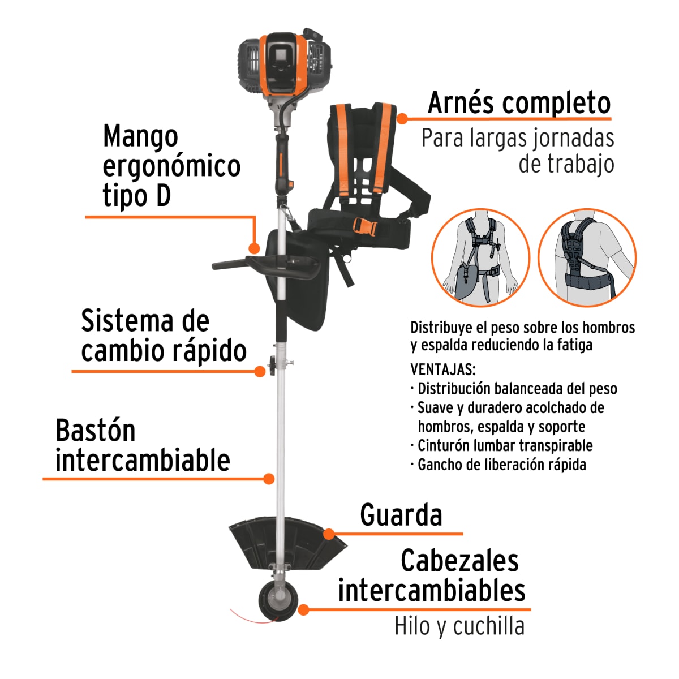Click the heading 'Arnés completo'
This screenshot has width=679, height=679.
pyautogui.click(x=519, y=103)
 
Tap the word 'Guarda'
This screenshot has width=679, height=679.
pyautogui.click(x=401, y=515)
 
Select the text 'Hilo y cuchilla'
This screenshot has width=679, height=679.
pyautogui.click(x=459, y=626)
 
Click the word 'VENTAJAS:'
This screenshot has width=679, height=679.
pyautogui.click(x=442, y=369)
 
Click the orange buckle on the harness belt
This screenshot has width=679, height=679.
pyautogui.click(x=364, y=227)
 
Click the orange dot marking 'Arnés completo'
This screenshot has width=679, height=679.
pyautogui.click(x=402, y=118)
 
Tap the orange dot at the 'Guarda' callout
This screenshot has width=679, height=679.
pyautogui.click(x=329, y=534)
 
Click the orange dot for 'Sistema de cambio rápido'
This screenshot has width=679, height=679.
pyautogui.click(x=260, y=371)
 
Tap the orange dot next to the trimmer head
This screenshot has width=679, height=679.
pyautogui.click(x=304, y=609)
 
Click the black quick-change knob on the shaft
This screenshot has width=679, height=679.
pyautogui.click(x=272, y=365)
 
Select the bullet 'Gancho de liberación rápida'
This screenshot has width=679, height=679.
pyautogui.click(x=501, y=465)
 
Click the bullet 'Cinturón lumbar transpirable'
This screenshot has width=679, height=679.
pyautogui.click(x=505, y=446)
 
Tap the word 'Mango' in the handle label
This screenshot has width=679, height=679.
pyautogui.click(x=140, y=136)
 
